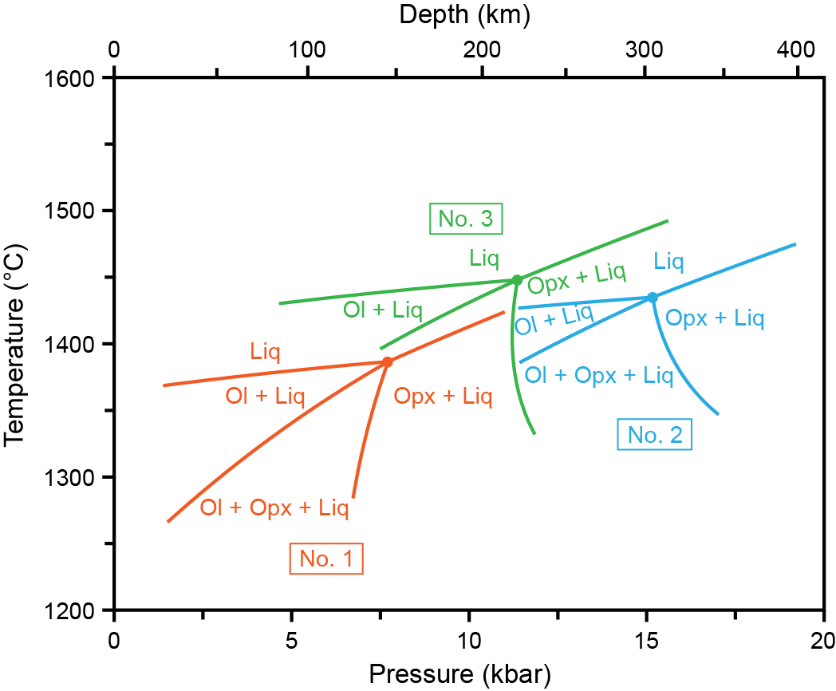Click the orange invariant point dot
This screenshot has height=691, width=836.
coord(388,361)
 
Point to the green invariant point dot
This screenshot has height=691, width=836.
coord(517,280)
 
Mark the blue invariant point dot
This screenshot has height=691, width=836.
coord(653,298)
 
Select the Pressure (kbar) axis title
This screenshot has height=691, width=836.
coord(467,673)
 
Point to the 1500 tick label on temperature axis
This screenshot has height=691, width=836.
coord(77,211)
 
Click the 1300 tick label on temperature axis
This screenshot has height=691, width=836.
coord(77,478)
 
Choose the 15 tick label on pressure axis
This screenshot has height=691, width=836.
coord(646,640)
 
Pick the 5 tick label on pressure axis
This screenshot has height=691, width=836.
coord(291,640)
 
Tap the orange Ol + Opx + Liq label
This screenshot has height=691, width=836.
coord(274,507)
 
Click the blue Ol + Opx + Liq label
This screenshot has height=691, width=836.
coord(599,375)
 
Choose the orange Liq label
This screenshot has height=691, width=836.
coord(265,351)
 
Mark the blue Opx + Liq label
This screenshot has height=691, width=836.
coord(715,319)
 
